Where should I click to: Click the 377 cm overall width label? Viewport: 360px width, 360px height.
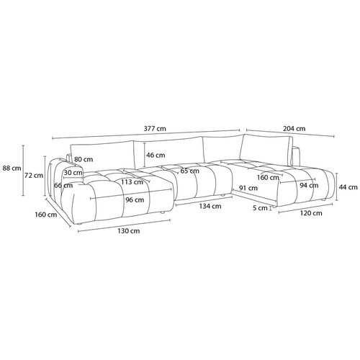coord(155,128)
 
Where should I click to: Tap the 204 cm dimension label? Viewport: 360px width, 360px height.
coord(294,129)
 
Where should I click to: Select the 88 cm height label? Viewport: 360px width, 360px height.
coord(12,168)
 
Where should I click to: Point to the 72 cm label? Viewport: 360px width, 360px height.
coord(34,176)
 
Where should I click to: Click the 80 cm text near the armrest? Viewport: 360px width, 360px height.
coord(84,159)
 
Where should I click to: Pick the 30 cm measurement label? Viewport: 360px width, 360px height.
coord(73,173)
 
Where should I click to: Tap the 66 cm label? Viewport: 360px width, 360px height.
coord(63,185)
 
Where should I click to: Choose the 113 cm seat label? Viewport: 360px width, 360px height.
coord(132,182)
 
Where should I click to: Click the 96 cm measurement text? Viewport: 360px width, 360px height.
coord(135,199)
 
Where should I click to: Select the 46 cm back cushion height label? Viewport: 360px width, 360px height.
coord(156,155)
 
